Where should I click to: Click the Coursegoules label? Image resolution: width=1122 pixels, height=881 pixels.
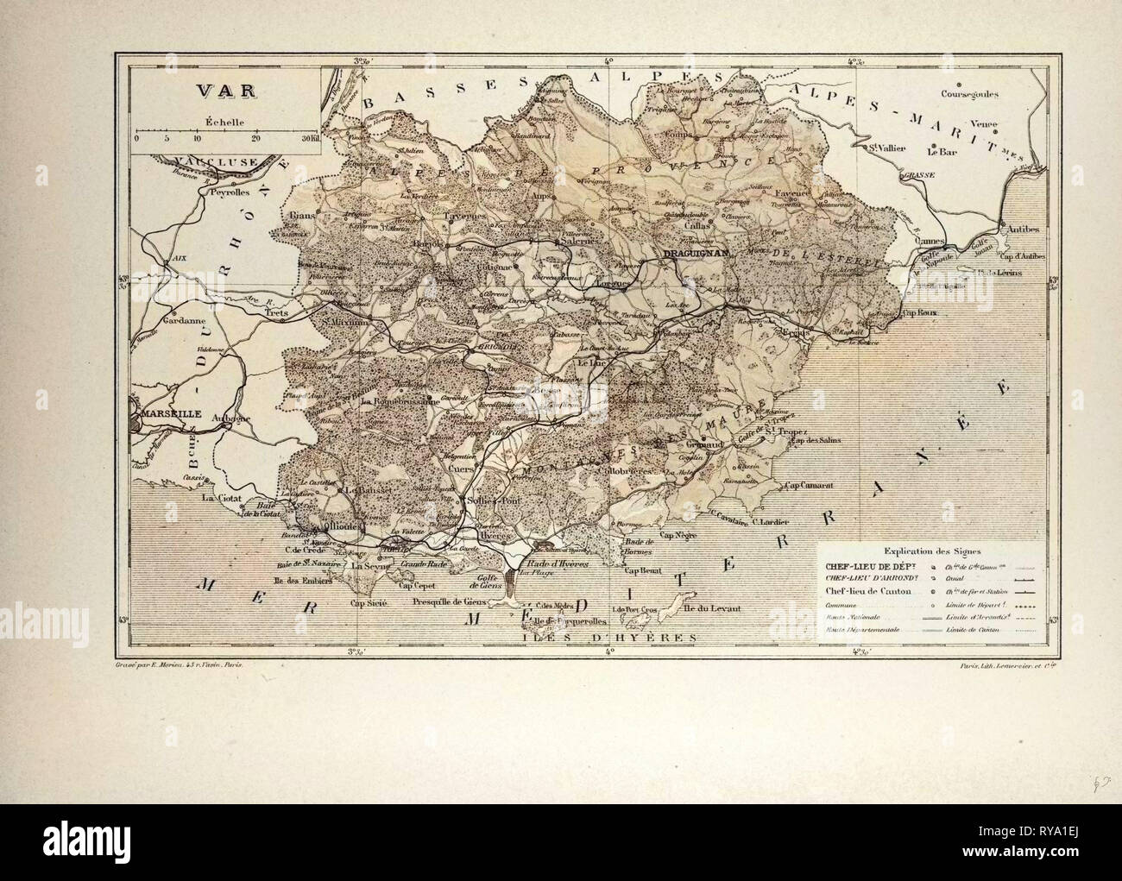tap(969, 94)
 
